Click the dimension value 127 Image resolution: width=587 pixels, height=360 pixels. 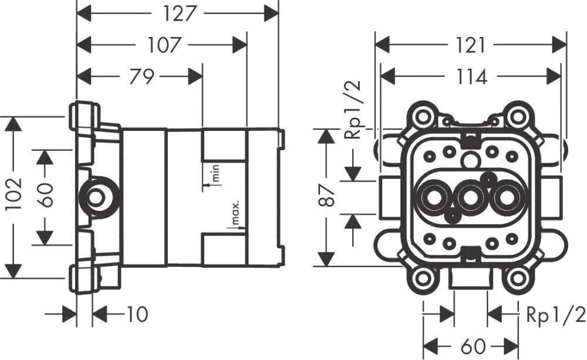(178, 12)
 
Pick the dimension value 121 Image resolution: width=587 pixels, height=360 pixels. (471, 45)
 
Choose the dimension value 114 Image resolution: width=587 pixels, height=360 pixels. (471, 76)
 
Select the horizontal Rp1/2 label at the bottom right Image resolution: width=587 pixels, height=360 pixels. (555, 315)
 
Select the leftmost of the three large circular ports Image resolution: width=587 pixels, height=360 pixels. (434, 198)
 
